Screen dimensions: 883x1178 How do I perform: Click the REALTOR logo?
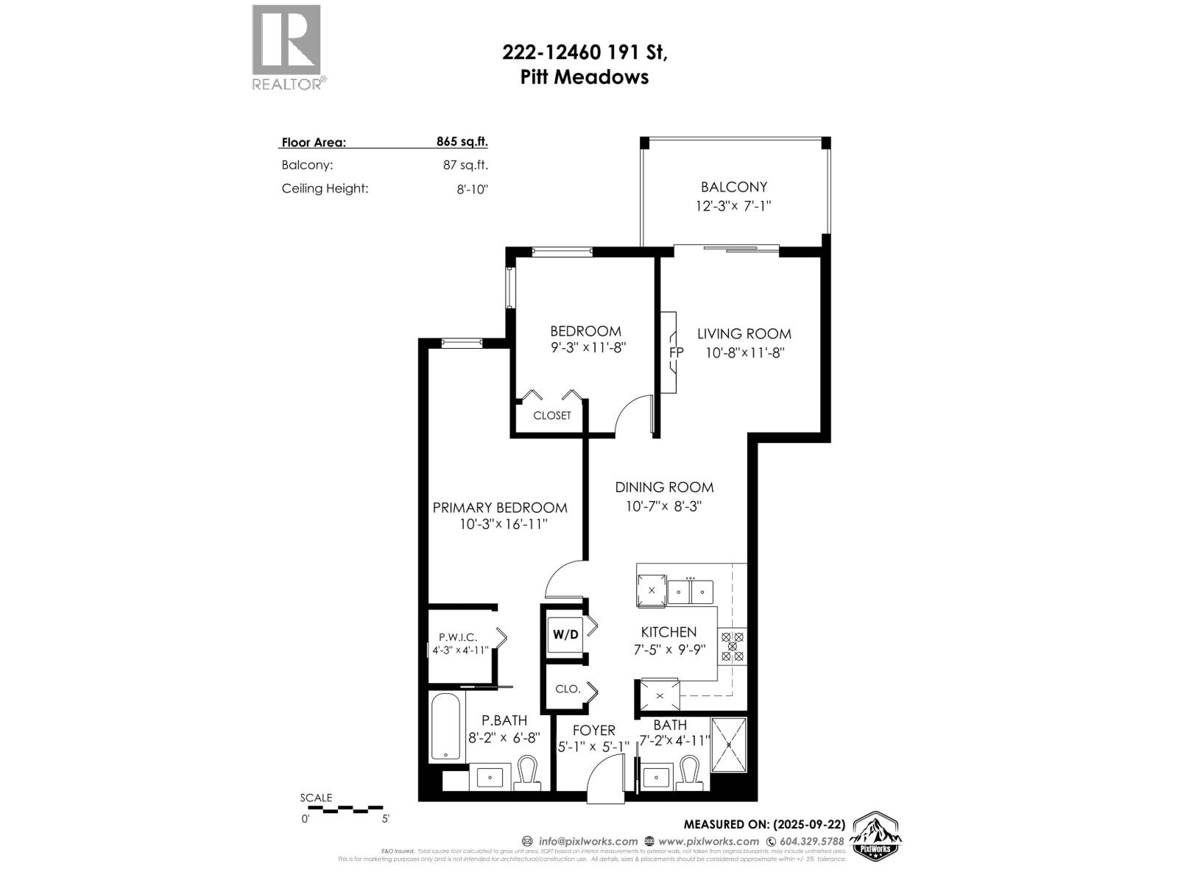[286, 46]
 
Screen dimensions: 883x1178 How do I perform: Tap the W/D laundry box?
[565, 634]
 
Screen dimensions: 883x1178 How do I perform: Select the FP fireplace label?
[676, 352]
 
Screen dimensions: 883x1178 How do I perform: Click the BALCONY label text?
[733, 187]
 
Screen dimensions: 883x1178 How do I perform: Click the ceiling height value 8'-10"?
[472, 189]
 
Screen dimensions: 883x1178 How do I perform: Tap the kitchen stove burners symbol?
[733, 646]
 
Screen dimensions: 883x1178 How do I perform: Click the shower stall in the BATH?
[729, 745]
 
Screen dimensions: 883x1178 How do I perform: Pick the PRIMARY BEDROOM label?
[499, 508]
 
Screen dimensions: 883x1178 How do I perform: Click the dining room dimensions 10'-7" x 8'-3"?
[664, 506]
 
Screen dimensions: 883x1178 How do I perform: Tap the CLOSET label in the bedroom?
[551, 416]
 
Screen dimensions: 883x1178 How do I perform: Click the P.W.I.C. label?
[458, 637]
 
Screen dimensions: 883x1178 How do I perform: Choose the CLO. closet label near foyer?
[568, 689]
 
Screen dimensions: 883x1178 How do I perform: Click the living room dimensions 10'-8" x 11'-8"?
[744, 352]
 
